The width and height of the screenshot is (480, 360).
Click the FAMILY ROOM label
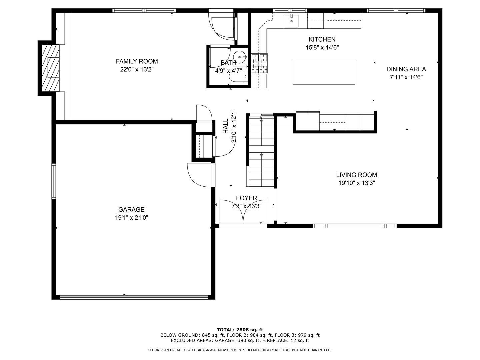[137, 61]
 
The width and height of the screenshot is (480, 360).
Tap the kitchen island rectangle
[324, 72]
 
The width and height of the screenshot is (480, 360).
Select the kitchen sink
[291, 21]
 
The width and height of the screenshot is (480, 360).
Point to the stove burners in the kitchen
[259, 64]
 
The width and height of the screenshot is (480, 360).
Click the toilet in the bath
[238, 77]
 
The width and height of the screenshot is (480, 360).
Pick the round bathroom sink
[240, 57]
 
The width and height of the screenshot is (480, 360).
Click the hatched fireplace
[51, 68]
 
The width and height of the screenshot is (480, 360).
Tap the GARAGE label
[131, 209]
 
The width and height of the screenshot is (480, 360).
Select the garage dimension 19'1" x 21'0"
[132, 217]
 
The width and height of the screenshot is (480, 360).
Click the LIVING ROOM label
[356, 175]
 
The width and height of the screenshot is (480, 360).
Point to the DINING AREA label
[406, 69]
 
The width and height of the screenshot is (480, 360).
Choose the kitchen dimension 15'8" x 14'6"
[322, 47]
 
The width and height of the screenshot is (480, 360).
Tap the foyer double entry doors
[243, 212]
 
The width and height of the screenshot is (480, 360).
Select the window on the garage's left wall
[54, 181]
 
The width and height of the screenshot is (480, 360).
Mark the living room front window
[354, 226]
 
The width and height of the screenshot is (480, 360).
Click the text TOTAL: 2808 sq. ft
[240, 330]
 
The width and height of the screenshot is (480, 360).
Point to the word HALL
[226, 126]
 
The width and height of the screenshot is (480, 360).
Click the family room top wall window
[144, 10]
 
